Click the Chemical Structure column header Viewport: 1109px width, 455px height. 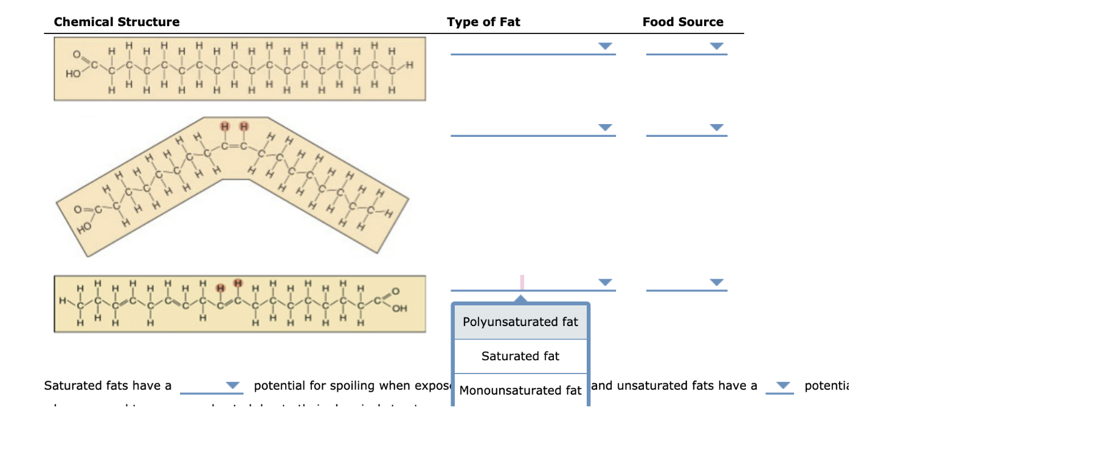click(x=117, y=22)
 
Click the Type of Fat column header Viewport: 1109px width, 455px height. click(x=483, y=22)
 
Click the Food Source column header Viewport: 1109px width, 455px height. click(x=683, y=22)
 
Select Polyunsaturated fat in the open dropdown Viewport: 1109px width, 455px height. click(x=520, y=322)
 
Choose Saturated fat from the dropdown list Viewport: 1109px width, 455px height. click(x=520, y=356)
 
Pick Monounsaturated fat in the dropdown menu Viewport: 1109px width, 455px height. click(x=520, y=390)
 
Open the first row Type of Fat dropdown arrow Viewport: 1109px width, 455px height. click(x=605, y=46)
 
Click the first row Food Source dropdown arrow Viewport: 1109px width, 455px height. click(x=717, y=46)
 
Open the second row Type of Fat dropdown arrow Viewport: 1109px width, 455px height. click(x=605, y=127)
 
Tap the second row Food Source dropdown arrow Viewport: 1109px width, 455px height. click(x=717, y=127)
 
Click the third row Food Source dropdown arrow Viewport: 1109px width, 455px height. click(x=717, y=282)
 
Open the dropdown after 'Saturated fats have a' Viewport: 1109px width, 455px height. click(x=232, y=385)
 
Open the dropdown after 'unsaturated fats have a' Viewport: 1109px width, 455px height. click(x=783, y=385)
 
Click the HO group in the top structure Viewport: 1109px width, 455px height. click(x=73, y=74)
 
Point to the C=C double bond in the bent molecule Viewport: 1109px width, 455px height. click(x=234, y=146)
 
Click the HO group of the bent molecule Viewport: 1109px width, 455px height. click(x=84, y=228)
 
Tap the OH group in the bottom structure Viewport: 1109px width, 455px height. click(x=399, y=308)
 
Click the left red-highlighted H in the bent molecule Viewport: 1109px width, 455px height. click(x=225, y=127)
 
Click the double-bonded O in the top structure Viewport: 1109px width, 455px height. click(x=77, y=55)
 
